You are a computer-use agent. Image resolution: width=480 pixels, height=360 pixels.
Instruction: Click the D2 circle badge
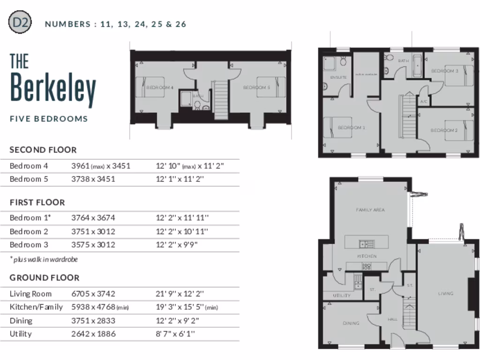20,22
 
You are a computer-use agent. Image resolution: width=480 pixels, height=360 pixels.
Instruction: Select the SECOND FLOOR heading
43,150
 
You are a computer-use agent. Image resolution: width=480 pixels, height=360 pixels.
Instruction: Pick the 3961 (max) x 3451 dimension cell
100,166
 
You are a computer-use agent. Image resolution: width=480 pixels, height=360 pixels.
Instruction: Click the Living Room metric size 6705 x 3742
93,294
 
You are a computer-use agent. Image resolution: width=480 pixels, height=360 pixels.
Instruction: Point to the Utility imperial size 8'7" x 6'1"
175,334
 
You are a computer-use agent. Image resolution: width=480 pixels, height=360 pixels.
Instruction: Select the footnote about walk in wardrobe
44,259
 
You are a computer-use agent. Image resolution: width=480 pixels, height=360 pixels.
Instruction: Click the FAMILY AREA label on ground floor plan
370,210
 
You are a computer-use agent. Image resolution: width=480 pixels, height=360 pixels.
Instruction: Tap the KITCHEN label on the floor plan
367,256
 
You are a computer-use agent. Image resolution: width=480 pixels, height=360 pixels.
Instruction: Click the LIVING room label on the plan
445,293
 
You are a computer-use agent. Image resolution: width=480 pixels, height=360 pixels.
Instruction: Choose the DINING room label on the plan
351,323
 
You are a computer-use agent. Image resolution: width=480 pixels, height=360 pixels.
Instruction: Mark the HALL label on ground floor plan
392,319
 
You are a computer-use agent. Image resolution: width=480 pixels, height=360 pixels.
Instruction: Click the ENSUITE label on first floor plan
338,77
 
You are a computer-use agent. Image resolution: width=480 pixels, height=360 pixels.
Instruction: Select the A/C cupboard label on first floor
423,101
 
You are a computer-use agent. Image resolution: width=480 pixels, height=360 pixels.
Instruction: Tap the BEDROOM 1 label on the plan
351,127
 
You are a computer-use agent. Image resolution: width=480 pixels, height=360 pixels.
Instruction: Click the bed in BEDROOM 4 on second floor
150,87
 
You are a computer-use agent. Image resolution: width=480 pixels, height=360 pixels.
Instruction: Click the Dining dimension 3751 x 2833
93,321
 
